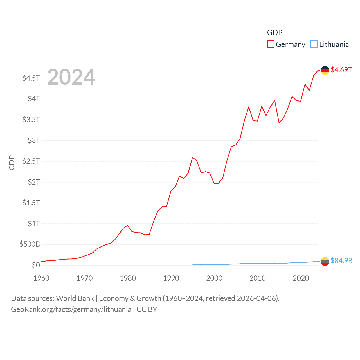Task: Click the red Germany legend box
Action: [271, 44]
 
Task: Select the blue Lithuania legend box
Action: [314, 44]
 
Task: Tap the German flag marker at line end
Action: [325, 70]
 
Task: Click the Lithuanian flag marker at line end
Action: [325, 261]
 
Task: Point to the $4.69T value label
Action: [341, 70]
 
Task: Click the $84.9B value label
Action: [341, 261]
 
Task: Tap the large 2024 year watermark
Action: [71, 77]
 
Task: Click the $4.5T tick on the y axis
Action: [31, 78]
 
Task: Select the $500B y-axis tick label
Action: [30, 244]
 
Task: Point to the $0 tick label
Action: [36, 265]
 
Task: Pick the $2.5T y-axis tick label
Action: [31, 161]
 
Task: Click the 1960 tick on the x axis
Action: [41, 278]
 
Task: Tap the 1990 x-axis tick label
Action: [171, 278]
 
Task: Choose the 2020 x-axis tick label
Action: [301, 278]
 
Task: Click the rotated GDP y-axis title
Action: [12, 163]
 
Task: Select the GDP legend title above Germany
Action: [274, 33]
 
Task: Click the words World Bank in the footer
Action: [75, 298]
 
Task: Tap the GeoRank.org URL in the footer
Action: [71, 309]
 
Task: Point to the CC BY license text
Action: [147, 309]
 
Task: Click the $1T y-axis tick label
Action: [34, 224]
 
